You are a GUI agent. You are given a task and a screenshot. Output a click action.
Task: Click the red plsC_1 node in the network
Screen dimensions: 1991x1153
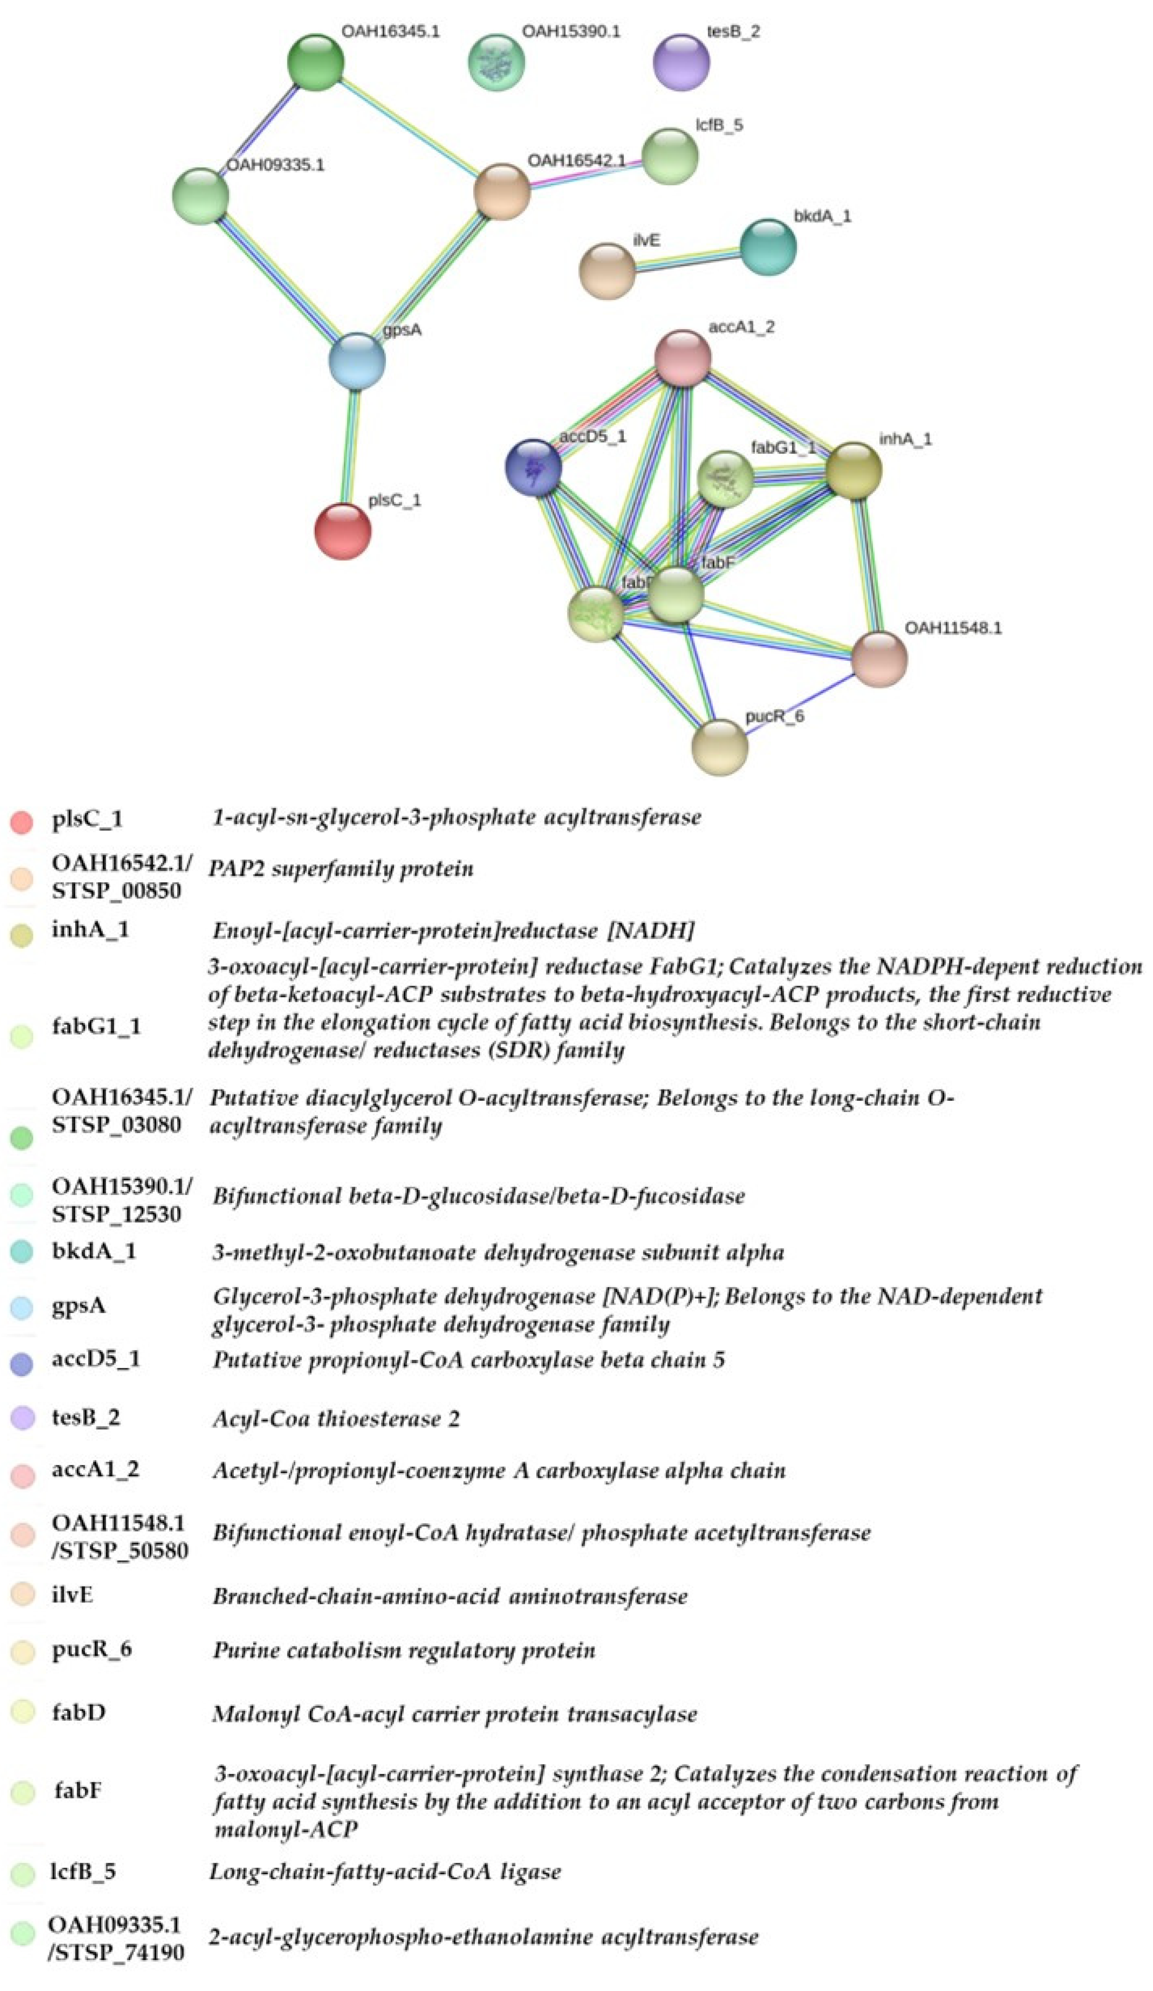(342, 531)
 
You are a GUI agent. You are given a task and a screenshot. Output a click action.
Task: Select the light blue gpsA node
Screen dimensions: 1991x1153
(357, 361)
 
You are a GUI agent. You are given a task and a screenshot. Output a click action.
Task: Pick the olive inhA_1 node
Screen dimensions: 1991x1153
(853, 471)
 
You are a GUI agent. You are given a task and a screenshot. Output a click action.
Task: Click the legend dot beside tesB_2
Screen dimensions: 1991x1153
(22, 1418)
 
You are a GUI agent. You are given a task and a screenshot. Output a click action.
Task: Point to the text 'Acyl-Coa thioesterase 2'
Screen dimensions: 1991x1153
(336, 1419)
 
